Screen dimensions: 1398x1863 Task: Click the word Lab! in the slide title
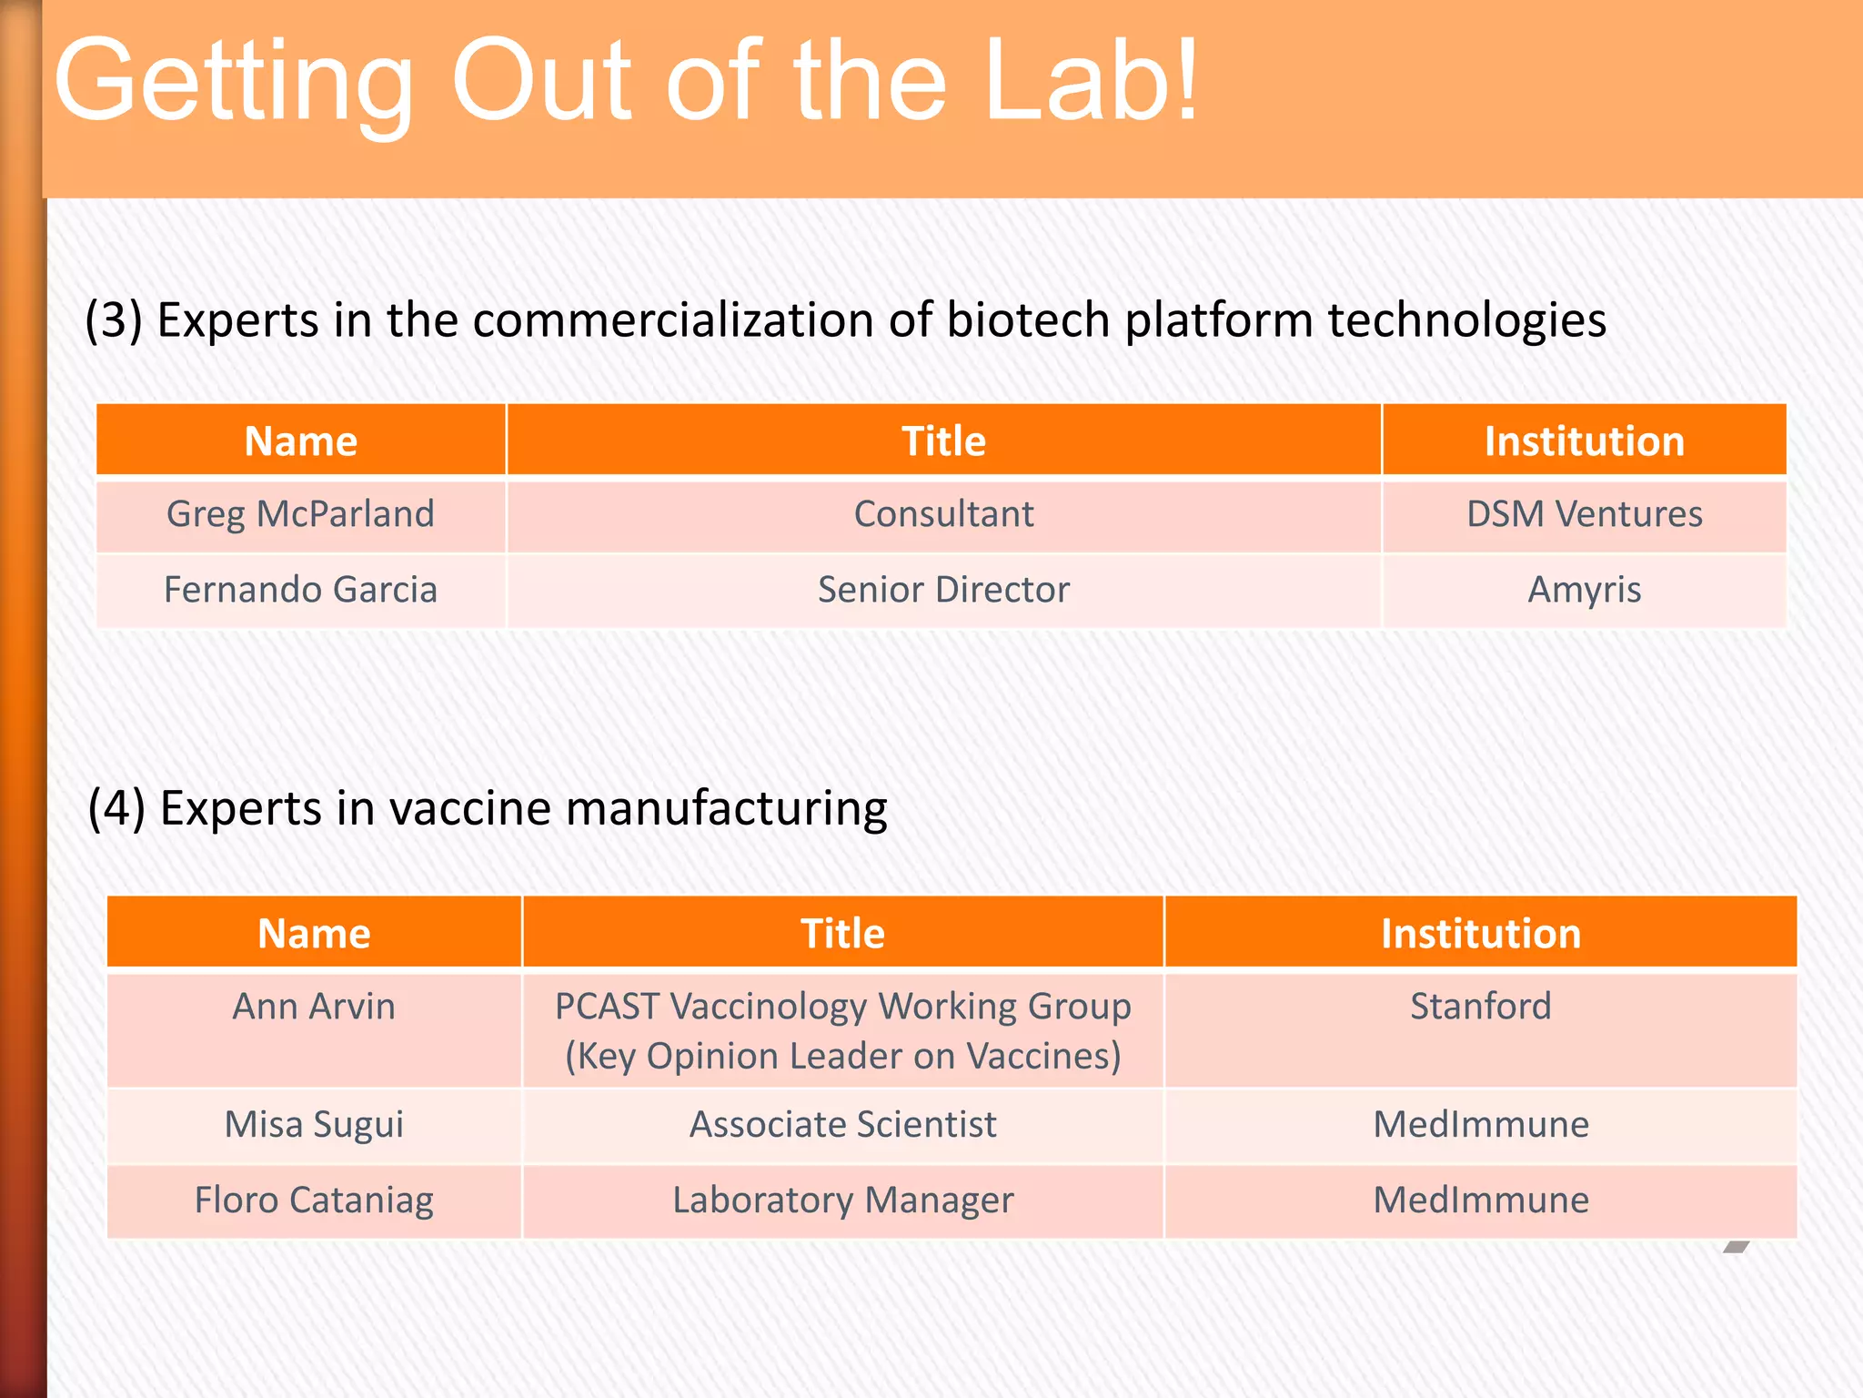[1092, 82]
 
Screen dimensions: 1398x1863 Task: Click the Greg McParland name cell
[300, 514]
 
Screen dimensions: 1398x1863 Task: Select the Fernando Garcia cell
[300, 590]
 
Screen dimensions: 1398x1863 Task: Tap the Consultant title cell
[943, 514]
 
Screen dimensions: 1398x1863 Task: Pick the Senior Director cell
[943, 590]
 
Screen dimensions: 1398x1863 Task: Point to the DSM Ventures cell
[1584, 514]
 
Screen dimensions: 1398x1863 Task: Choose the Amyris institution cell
[1584, 590]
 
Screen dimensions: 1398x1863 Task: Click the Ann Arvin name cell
[314, 1007]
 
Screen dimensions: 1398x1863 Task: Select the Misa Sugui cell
[314, 1124]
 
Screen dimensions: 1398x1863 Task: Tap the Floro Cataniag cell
[314, 1200]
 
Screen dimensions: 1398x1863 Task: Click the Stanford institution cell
[1480, 1007]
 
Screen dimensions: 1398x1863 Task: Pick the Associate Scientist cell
[842, 1124]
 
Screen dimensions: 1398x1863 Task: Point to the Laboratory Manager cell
[842, 1200]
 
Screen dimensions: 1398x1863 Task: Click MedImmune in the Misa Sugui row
[1480, 1124]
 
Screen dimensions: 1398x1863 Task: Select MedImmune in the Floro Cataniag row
[1480, 1200]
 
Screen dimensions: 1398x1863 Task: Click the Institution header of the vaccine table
[1480, 934]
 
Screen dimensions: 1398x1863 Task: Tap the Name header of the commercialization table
[300, 441]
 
